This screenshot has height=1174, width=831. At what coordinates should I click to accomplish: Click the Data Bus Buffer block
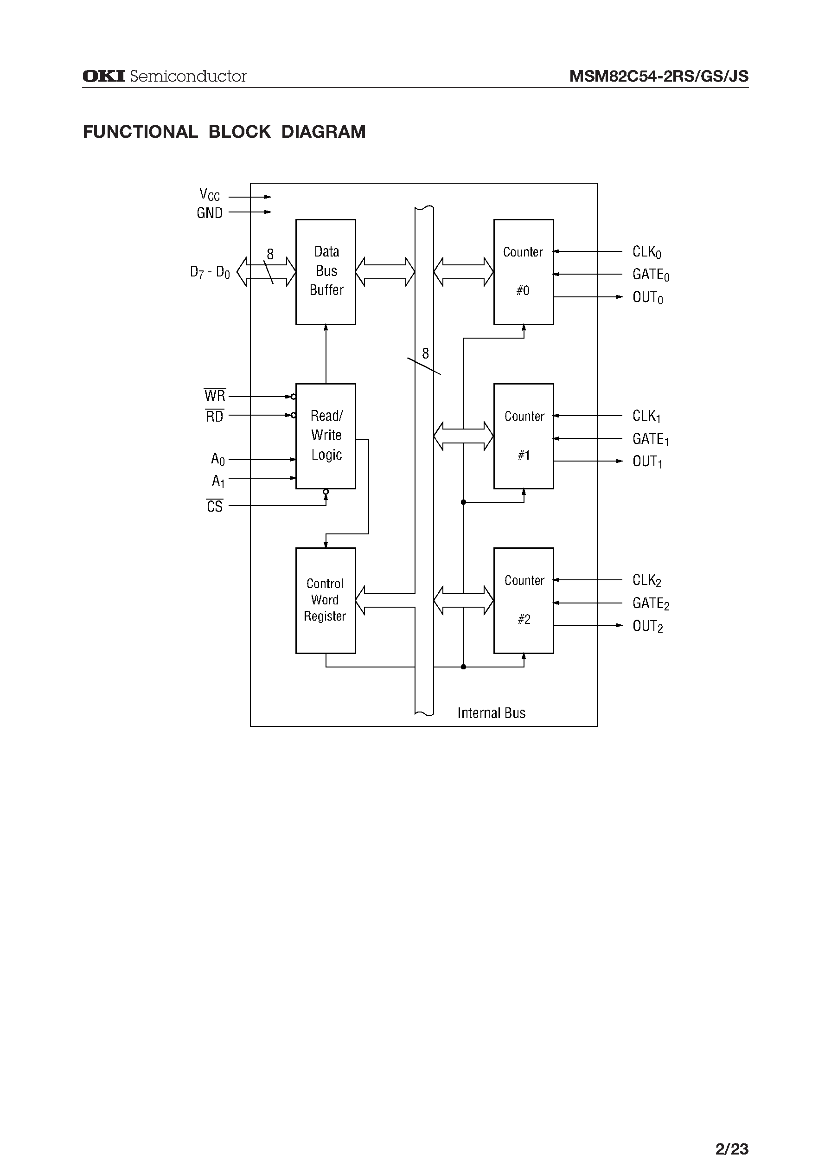click(x=326, y=272)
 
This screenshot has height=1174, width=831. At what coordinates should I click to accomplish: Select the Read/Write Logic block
click(x=326, y=436)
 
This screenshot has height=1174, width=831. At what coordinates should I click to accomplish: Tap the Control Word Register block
click(x=326, y=600)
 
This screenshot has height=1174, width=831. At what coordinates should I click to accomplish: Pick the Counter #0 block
click(x=523, y=272)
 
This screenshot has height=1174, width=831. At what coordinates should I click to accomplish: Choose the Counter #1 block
click(x=523, y=436)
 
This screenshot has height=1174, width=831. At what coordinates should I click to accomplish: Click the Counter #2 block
click(x=523, y=600)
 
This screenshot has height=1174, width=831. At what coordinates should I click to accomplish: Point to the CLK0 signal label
click(x=647, y=252)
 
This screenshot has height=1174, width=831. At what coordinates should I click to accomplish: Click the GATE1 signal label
click(x=650, y=439)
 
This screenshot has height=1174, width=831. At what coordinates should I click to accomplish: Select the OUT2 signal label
click(x=647, y=626)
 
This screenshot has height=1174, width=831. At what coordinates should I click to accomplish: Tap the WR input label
click(x=214, y=396)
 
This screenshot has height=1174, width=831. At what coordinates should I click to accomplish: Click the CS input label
click(x=214, y=506)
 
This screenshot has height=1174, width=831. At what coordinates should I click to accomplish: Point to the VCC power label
click(x=209, y=194)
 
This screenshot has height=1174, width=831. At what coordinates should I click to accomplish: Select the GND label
click(x=209, y=213)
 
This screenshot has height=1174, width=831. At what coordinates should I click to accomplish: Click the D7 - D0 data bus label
click(x=210, y=272)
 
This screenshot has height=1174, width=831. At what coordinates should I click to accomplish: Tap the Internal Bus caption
click(x=491, y=713)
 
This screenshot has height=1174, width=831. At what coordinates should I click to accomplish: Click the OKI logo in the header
click(x=103, y=76)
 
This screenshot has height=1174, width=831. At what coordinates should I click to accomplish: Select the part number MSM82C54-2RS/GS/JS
click(x=658, y=77)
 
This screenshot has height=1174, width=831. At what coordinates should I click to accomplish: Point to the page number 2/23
click(x=732, y=1135)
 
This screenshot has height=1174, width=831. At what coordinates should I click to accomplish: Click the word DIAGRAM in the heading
click(x=323, y=132)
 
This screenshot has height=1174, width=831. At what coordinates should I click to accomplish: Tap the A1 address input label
click(x=218, y=481)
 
